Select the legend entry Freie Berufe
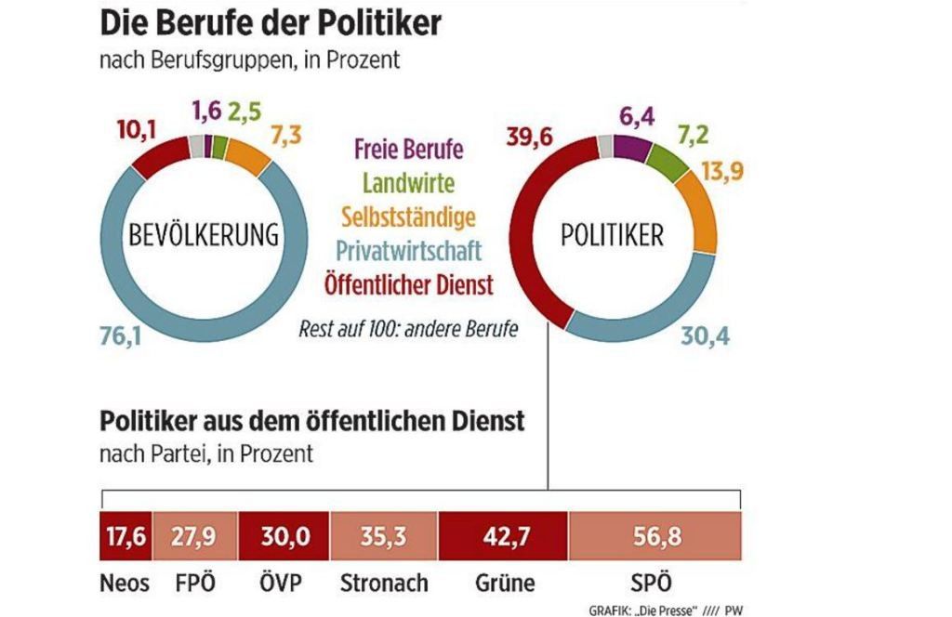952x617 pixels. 408,149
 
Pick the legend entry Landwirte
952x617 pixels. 408,183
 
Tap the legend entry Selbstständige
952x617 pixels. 408,217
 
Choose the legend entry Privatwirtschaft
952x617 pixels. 408,251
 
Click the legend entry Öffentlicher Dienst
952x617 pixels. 408,284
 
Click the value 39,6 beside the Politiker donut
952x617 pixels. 530,138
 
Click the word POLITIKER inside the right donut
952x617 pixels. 613,235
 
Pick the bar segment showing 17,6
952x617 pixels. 124,537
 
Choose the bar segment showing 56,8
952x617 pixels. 654,537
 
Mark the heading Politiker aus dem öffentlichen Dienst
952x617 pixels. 311,421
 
